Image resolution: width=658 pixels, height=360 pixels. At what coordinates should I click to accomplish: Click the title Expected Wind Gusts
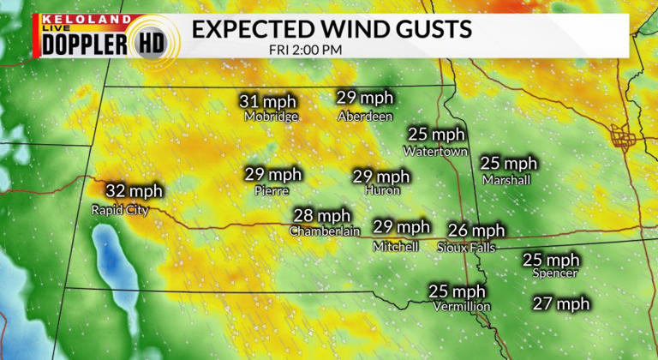pyautogui.click(x=332, y=29)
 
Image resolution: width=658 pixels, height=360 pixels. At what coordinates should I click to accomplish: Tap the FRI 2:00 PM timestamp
pyautogui.click(x=305, y=49)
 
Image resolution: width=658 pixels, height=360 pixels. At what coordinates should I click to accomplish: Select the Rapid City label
pyautogui.click(x=120, y=209)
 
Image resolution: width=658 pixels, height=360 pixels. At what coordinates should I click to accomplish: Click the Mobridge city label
pyautogui.click(x=271, y=116)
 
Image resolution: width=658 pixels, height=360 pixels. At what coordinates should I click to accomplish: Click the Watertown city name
pyautogui.click(x=436, y=151)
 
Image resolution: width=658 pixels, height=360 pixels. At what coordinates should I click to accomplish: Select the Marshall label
pyautogui.click(x=506, y=180)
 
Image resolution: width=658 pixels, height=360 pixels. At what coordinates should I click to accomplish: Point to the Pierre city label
pyautogui.click(x=272, y=191)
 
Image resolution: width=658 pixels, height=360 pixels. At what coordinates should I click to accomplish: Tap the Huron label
pyautogui.click(x=381, y=191)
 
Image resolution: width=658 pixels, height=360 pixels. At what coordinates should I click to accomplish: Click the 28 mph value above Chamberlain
pyautogui.click(x=322, y=215)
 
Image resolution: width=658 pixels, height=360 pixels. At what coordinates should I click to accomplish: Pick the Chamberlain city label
pyautogui.click(x=324, y=231)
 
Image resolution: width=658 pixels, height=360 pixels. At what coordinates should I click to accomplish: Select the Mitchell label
pyautogui.click(x=396, y=246)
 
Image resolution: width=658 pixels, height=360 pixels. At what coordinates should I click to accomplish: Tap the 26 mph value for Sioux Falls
pyautogui.click(x=476, y=230)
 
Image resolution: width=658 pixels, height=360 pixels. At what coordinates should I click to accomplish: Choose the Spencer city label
pyautogui.click(x=554, y=273)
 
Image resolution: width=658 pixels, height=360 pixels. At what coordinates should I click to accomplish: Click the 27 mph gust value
pyautogui.click(x=561, y=303)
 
